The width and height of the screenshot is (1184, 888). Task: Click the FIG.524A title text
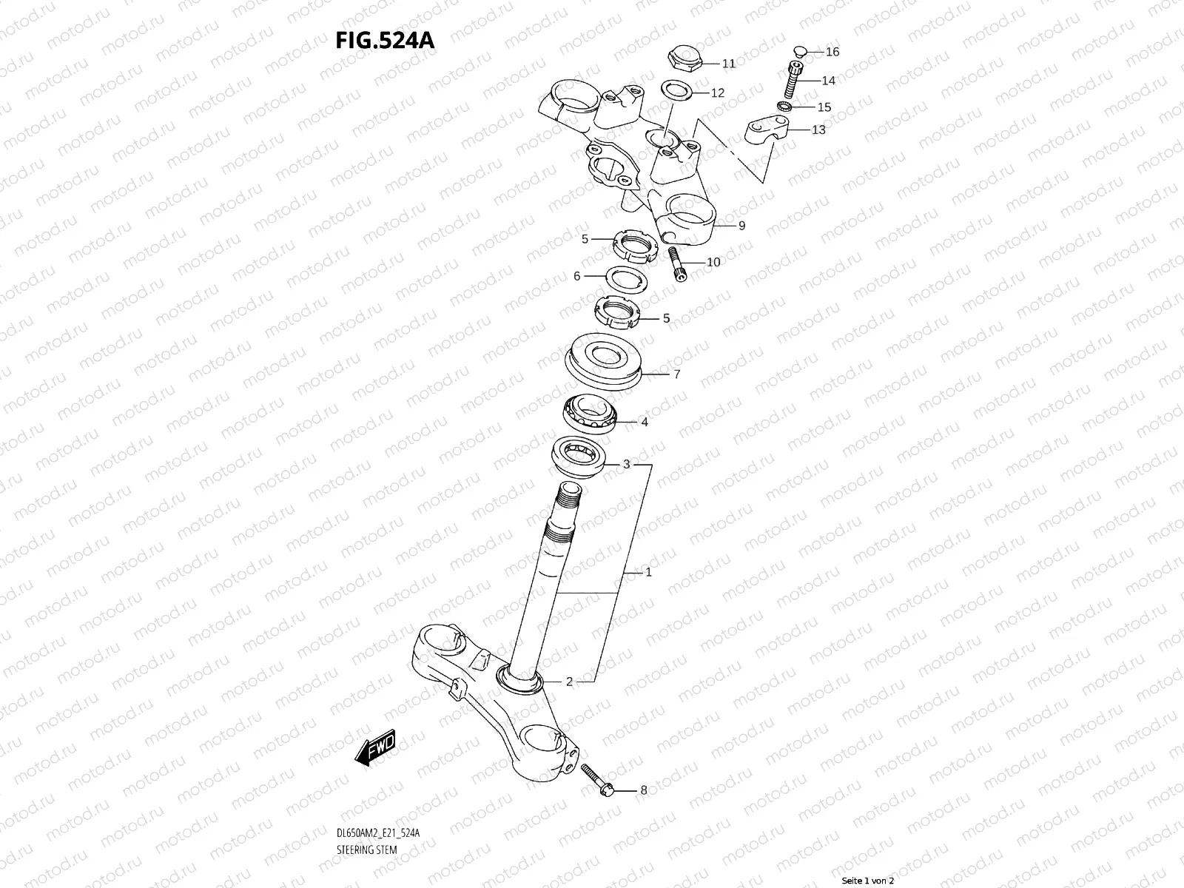pos(385,41)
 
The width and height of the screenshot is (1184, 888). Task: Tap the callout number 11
pos(729,64)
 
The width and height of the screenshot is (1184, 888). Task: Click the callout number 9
pos(741,226)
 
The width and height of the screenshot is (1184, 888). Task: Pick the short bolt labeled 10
pos(678,264)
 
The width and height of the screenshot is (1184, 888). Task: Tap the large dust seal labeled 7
pos(605,361)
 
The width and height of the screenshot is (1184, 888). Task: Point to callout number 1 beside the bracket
pos(648,573)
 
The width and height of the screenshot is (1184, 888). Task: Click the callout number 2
pos(569,682)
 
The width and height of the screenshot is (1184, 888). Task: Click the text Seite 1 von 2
pos(868,881)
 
